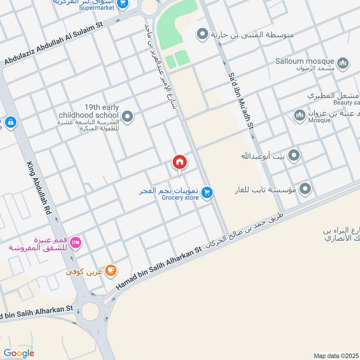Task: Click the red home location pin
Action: (x=179, y=162)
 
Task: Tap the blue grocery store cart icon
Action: (x=207, y=192)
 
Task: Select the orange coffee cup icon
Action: (x=111, y=270)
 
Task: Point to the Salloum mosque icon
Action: (x=343, y=63)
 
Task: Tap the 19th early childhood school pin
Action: (x=128, y=117)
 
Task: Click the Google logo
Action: (x=19, y=353)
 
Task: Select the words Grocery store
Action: (x=180, y=198)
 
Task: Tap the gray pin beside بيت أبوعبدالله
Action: (x=294, y=156)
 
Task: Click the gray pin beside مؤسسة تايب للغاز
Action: (x=306, y=189)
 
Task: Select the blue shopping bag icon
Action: (x=10, y=121)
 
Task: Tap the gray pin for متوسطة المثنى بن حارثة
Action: (x=202, y=34)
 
